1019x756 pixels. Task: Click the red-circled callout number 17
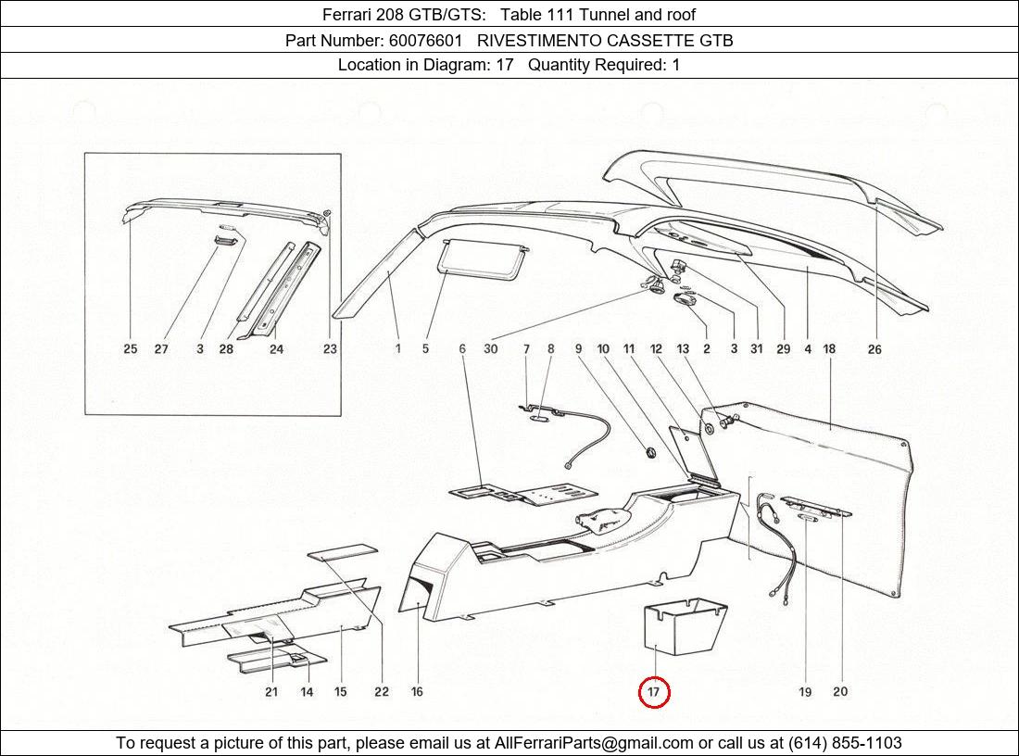pyautogui.click(x=654, y=692)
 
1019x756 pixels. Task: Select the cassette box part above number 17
pyautogui.click(x=685, y=629)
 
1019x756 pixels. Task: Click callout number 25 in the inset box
pyautogui.click(x=131, y=349)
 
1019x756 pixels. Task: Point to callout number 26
pyautogui.click(x=874, y=349)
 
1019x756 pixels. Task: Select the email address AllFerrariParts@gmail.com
pyautogui.click(x=594, y=743)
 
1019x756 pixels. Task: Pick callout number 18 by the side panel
pyautogui.click(x=829, y=349)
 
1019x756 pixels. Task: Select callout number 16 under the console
pyautogui.click(x=417, y=692)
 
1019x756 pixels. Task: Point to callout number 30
pyautogui.click(x=490, y=349)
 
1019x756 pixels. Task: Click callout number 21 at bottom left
pyautogui.click(x=271, y=692)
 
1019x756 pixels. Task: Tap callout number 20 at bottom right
pyautogui.click(x=840, y=692)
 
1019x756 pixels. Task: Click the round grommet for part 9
pyautogui.click(x=649, y=452)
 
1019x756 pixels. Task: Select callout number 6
pyautogui.click(x=462, y=349)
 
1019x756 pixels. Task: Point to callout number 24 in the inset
pyautogui.click(x=276, y=349)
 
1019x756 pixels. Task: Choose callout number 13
pyautogui.click(x=683, y=349)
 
